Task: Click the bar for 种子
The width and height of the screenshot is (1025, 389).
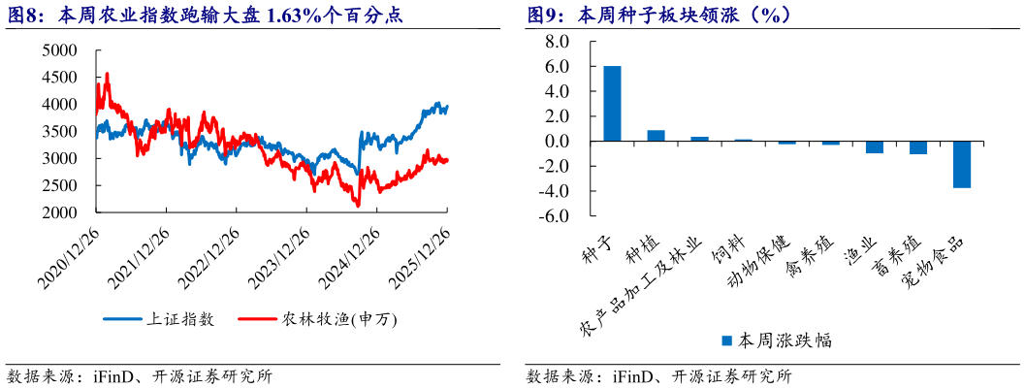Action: click(x=612, y=104)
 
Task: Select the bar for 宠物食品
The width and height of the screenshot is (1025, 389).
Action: click(x=961, y=165)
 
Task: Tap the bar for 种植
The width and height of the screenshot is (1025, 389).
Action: click(x=656, y=136)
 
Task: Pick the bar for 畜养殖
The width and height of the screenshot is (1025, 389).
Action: click(x=917, y=147)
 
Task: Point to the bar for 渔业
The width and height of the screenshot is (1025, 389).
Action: click(x=874, y=147)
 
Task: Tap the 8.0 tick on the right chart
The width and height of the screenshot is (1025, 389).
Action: click(x=557, y=42)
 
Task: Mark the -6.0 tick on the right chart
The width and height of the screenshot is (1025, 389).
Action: click(x=554, y=216)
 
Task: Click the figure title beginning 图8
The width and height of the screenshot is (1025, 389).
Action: click(x=205, y=15)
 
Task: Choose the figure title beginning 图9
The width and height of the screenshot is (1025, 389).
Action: click(x=659, y=15)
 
